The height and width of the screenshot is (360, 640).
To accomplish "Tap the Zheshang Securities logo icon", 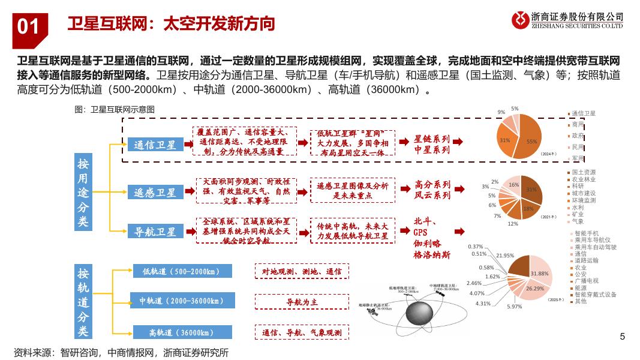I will coord(520,20).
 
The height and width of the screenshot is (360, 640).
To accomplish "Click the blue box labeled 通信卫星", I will coord(155,145).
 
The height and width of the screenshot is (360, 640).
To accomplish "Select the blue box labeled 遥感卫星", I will coord(155,193).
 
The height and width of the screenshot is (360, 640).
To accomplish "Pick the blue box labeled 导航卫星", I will coord(155,231).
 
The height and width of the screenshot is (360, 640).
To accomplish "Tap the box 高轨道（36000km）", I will coord(181,332).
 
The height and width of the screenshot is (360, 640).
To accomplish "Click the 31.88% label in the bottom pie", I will coord(539,274).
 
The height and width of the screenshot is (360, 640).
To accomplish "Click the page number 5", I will coord(622,336).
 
